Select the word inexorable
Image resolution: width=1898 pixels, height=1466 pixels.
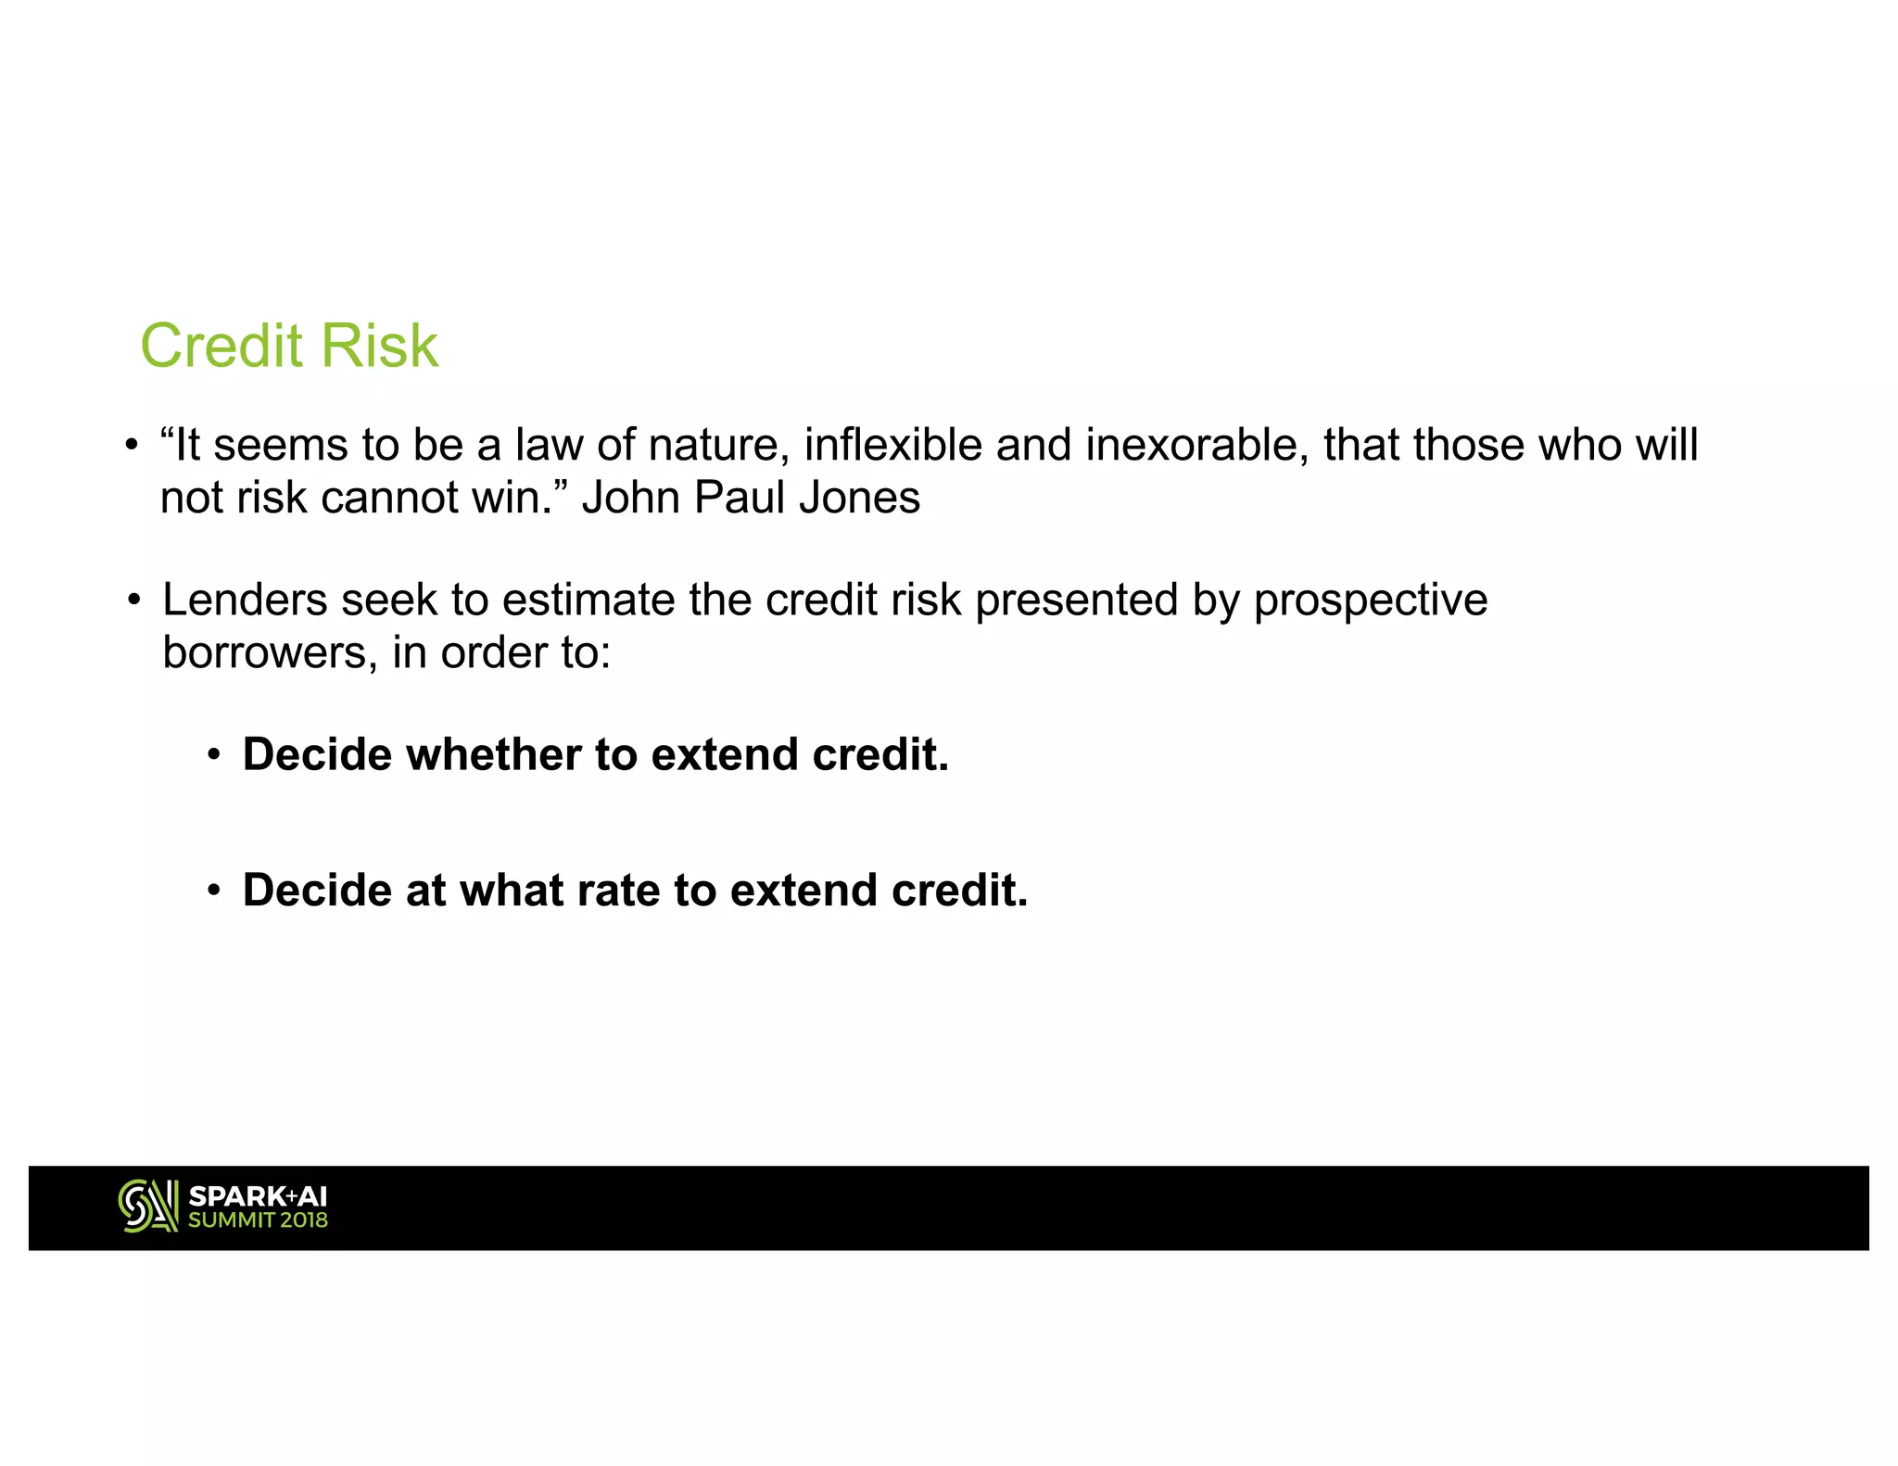pos(1196,445)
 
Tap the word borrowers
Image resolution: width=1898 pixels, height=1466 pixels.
pos(270,652)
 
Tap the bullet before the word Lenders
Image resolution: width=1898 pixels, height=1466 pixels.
pos(134,600)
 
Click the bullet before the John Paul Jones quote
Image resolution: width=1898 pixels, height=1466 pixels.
pos(133,446)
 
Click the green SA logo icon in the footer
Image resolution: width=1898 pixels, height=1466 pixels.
pos(147,1206)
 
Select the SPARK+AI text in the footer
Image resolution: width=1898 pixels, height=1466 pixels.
pos(258,1196)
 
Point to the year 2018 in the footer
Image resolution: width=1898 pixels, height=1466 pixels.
pos(303,1220)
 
